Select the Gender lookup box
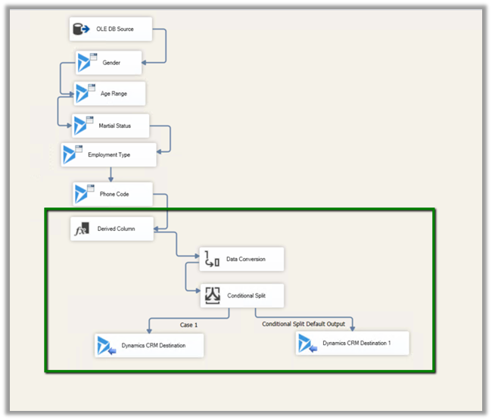109,63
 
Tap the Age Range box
109,94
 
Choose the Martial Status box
111,126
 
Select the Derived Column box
112,229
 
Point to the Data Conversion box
242,260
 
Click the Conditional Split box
242,296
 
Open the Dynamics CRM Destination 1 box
353,344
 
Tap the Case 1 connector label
188,325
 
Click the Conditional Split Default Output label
304,325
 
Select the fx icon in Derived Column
81,229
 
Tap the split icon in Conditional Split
211,296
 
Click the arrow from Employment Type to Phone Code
111,175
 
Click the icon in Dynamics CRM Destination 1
307,344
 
